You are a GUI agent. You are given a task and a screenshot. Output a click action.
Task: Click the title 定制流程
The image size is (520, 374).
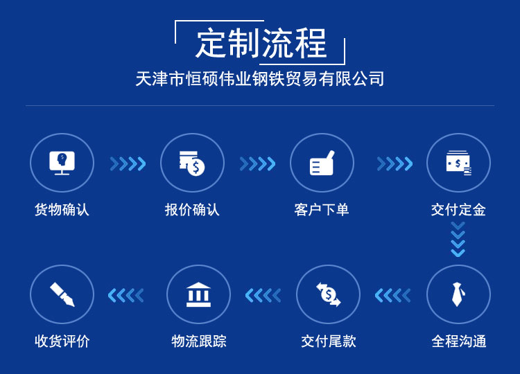[261, 44]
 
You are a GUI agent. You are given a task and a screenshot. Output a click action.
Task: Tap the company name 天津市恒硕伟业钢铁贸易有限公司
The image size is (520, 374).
[260, 79]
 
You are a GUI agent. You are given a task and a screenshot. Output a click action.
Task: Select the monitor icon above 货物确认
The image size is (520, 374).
[62, 163]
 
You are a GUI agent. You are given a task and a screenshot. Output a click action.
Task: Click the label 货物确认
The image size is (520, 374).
[62, 210]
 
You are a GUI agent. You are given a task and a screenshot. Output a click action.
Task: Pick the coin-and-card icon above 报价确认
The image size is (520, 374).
[192, 163]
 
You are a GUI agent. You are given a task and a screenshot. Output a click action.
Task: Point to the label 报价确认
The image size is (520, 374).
[192, 210]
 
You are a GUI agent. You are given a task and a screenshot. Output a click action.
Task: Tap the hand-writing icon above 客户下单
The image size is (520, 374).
[322, 163]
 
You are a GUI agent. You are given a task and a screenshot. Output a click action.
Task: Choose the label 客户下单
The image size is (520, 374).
[322, 210]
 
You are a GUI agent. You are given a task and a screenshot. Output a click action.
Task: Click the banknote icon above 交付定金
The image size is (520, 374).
[459, 163]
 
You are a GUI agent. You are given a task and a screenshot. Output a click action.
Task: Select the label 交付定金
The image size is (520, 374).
[458, 210]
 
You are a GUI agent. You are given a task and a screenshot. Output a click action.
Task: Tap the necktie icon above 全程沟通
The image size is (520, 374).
[458, 294]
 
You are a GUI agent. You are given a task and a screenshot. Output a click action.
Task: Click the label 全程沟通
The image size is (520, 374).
[459, 341]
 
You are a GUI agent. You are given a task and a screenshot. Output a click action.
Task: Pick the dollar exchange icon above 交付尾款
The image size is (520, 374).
[329, 294]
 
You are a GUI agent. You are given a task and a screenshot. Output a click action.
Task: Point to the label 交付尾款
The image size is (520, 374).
[329, 341]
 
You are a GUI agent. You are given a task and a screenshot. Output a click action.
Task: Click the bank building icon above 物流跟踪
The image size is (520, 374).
[198, 294]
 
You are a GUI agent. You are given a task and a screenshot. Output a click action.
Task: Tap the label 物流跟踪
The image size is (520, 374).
[199, 341]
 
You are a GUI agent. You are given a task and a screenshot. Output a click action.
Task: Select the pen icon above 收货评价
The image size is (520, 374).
[62, 294]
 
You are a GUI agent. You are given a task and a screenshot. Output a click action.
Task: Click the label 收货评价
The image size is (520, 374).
[62, 341]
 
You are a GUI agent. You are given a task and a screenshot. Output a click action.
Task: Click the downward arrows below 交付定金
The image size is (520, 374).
[458, 239]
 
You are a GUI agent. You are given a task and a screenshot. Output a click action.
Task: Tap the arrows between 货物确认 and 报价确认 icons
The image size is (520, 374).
[128, 163]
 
